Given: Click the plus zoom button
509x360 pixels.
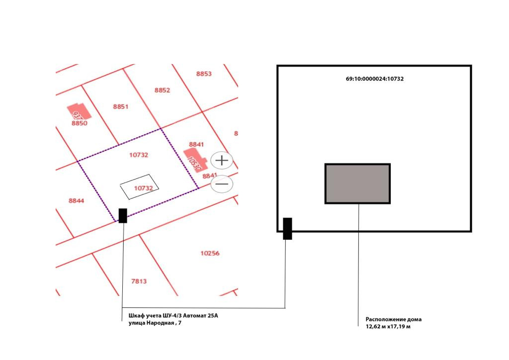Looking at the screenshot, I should pos(222,161).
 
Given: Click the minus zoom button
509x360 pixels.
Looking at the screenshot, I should pos(222,184).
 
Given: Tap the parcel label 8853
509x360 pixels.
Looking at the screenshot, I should pos(204,74).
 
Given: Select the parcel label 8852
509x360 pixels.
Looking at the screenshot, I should pos(162,90).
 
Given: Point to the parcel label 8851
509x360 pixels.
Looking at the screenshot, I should pos(121,106).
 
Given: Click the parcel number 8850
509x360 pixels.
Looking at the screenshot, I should pos(80,123).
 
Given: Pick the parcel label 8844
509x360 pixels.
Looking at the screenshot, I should pos(77,200).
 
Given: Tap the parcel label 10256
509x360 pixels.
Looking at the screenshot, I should pos(210,253).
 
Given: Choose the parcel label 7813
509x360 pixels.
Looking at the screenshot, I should pos(139,281).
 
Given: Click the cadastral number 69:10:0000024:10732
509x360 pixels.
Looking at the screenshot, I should pos(374,79).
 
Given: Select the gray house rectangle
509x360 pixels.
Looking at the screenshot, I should pos(357,183).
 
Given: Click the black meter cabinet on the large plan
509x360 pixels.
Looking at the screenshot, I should pos(287,228).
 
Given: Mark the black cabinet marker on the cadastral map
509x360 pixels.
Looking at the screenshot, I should pos(123,215).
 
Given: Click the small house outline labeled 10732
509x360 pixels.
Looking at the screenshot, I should pos(140,187).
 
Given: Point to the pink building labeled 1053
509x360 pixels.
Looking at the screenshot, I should pos(193,161).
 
